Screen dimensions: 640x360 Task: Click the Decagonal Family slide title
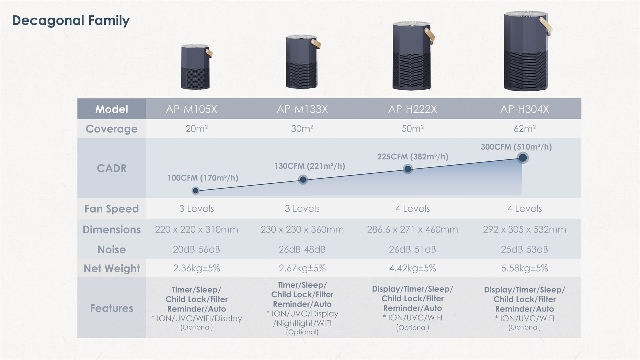[71, 21]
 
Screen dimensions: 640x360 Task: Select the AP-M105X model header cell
[191, 109]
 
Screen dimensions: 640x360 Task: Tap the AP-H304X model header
[524, 109]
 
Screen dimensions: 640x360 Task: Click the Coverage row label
[111, 129]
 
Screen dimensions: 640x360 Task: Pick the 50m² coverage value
[412, 129]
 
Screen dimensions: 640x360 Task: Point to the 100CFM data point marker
[196, 190]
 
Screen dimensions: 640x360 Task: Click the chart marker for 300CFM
[523, 158]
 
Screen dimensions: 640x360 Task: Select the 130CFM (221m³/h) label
[309, 166]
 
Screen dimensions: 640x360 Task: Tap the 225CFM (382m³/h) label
[413, 157]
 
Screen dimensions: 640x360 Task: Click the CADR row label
[112, 168]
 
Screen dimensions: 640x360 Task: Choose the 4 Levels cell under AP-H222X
[413, 209]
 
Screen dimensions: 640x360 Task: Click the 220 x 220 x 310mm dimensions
[197, 230]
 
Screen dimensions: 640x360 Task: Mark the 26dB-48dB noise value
[302, 249]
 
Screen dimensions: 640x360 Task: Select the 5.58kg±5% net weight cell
[525, 268]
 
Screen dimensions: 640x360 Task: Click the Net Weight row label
[112, 268]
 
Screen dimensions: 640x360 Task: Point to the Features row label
[112, 308]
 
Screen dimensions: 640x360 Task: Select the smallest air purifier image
[196, 67]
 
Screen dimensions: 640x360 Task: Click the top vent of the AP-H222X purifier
[411, 24]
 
